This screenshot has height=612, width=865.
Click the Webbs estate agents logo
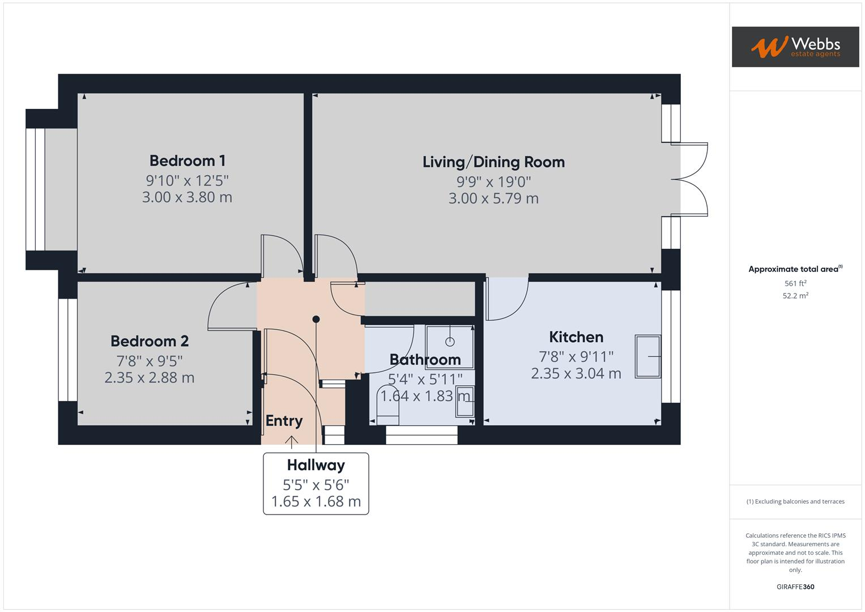click(x=795, y=47)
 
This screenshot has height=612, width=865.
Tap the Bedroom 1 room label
click(x=187, y=161)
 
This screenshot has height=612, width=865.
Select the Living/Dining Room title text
click(x=493, y=162)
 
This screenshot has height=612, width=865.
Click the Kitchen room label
click(x=576, y=337)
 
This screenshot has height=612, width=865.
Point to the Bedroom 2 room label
click(x=150, y=341)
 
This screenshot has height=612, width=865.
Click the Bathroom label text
click(x=425, y=360)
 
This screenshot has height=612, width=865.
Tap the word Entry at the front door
click(x=284, y=421)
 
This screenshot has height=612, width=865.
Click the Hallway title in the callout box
click(x=316, y=465)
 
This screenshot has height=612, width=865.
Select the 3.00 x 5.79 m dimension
click(x=493, y=198)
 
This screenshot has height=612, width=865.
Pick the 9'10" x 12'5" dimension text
click(x=187, y=181)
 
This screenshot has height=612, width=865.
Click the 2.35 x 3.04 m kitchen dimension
click(x=576, y=373)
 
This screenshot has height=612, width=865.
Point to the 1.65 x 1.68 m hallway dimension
click(x=316, y=501)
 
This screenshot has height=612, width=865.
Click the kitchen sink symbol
click(x=648, y=356)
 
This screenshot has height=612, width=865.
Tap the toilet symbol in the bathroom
click(x=388, y=406)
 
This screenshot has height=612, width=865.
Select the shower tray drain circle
click(x=450, y=342)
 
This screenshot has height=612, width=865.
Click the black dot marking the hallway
click(x=316, y=320)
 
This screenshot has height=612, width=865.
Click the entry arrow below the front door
click(x=292, y=441)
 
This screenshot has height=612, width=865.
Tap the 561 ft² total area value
click(x=795, y=283)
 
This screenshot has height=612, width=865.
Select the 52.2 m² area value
click(x=795, y=296)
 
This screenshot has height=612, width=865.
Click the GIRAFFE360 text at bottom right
click(x=795, y=586)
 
